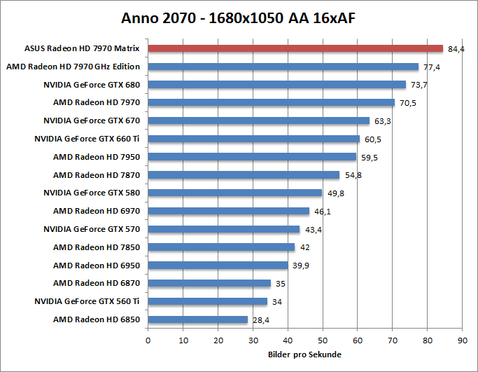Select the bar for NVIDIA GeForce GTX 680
276,85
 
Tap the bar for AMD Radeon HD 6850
197,319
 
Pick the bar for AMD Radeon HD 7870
244,174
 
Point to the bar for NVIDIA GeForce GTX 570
223,229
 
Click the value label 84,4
456,49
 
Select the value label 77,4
431,67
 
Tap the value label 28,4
260,320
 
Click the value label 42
305,247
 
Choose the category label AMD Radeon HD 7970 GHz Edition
73,67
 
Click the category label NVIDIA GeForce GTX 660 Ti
87,139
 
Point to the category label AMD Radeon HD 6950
97,266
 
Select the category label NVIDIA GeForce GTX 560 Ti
87,301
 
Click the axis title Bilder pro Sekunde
304,354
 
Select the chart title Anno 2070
239,17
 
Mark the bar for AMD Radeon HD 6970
228,211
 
